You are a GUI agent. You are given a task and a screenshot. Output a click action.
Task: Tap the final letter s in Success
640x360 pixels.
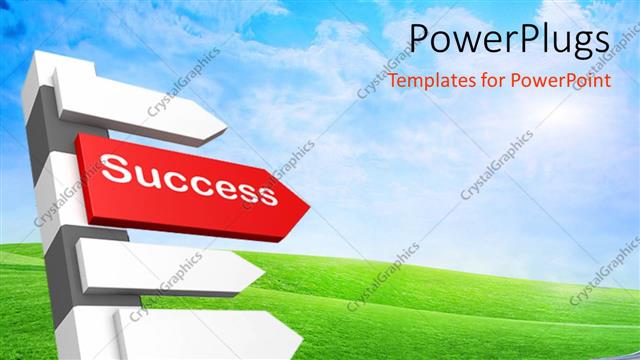pyautogui.click(x=265, y=193)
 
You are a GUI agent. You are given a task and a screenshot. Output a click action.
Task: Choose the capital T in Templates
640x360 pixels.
pyautogui.click(x=393, y=79)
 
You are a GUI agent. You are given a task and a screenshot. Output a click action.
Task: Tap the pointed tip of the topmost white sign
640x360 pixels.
pyautogui.click(x=227, y=127)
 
